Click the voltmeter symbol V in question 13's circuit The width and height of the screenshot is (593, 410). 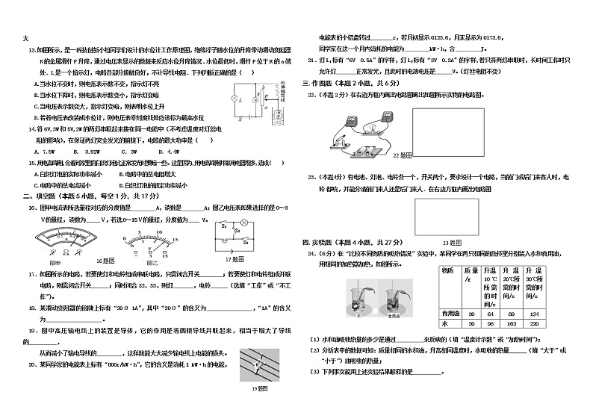point(255,99)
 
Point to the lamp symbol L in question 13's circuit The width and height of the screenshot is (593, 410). point(234,99)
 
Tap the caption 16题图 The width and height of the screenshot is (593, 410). point(105,261)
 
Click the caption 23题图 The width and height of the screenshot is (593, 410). point(450,243)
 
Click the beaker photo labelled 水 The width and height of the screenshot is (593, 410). point(358,298)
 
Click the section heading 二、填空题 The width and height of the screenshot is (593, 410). point(38,196)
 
